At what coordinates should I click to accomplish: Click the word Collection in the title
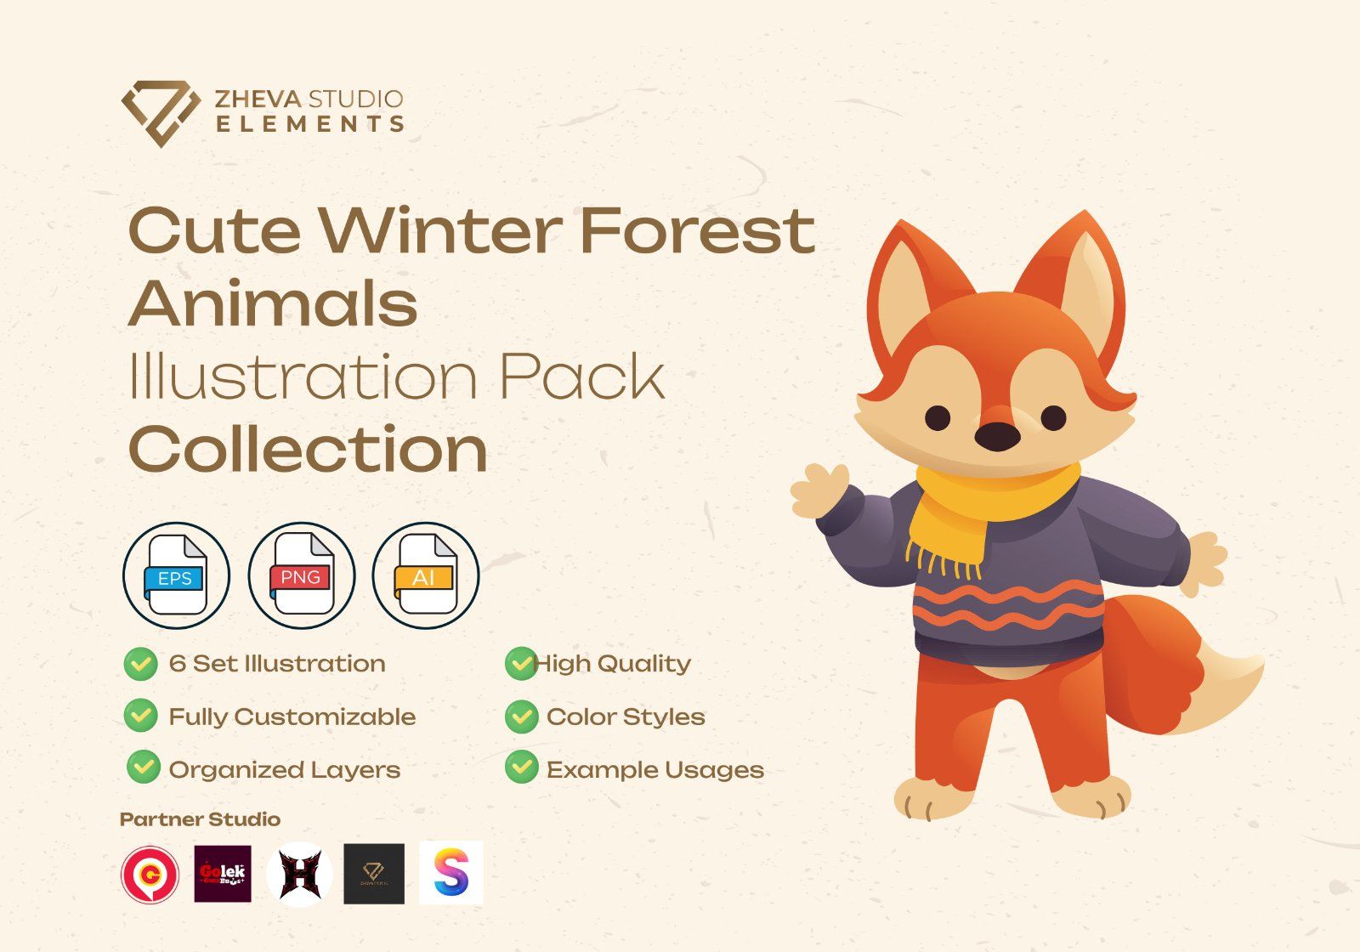pos(308,450)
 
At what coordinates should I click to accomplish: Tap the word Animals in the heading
pos(273,303)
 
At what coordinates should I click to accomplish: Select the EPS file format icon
pos(176,575)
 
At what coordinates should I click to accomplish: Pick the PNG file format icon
pos(301,575)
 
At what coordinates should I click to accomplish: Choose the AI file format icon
pos(425,575)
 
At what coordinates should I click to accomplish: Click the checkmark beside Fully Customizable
pos(141,717)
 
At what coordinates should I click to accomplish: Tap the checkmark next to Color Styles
pos(521,717)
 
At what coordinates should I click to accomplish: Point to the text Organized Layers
pos(284,770)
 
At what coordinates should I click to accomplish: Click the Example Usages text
pos(654,770)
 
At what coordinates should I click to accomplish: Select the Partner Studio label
pos(200,819)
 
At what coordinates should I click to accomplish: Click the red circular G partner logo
pos(150,874)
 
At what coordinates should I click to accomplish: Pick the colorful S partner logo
pos(450,873)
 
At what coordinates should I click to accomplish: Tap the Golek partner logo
pos(223,874)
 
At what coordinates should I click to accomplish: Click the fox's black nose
pos(996,436)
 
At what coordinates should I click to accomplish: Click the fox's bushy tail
pos(1190,663)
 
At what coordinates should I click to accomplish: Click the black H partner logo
pos(299,874)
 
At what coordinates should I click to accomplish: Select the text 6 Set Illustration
pos(277,664)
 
